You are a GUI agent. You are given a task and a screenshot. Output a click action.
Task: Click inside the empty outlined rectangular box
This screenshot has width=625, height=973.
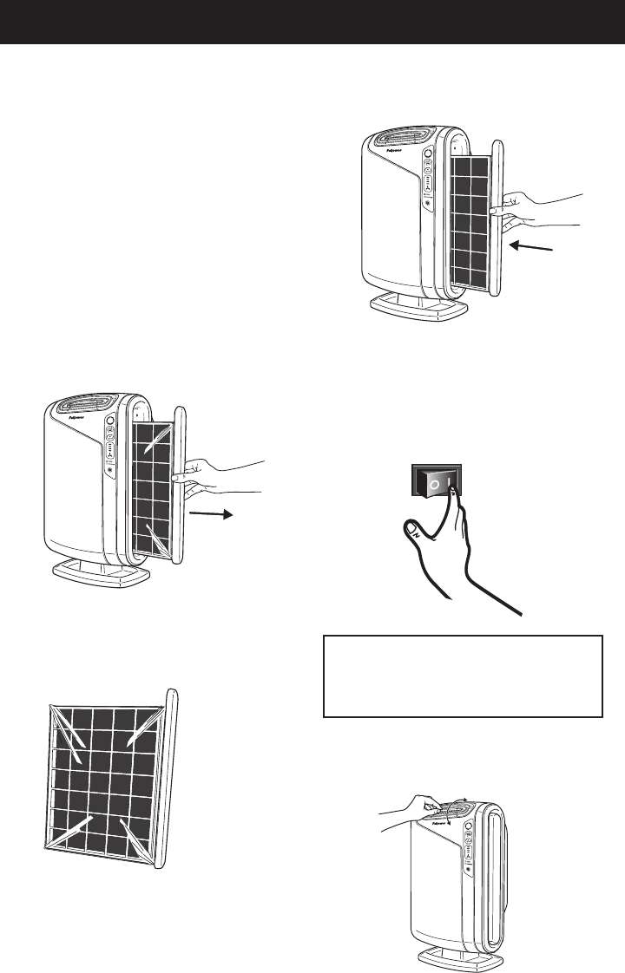(x=463, y=676)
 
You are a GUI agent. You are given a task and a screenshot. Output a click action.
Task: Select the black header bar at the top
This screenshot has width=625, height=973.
(x=312, y=22)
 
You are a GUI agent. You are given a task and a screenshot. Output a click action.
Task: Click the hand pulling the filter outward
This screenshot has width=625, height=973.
(x=217, y=474)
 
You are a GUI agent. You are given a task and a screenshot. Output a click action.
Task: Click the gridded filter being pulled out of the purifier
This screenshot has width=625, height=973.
(x=153, y=486)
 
